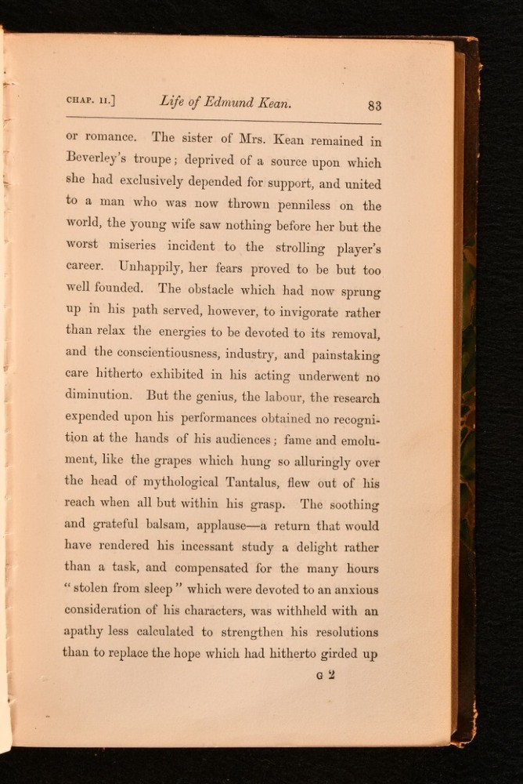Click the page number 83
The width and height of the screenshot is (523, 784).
(x=373, y=106)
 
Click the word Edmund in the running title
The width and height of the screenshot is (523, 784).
(x=233, y=102)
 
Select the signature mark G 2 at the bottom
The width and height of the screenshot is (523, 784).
(x=326, y=673)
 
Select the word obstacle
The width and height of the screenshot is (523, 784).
(x=211, y=289)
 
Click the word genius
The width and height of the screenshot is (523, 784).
(x=222, y=397)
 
